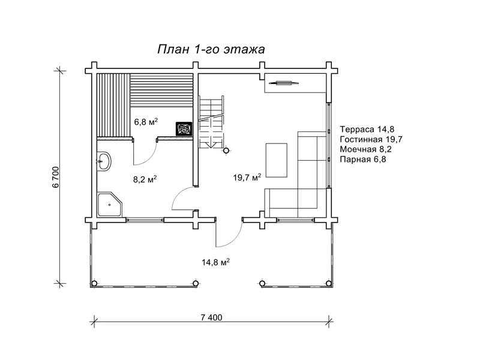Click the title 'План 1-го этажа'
pyautogui.click(x=211, y=49)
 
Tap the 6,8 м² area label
pyautogui.click(x=146, y=122)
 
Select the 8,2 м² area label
pyautogui.click(x=145, y=179)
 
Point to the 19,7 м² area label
pyautogui.click(x=247, y=177)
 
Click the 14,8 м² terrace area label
pyautogui.click(x=215, y=262)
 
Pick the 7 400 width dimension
pyautogui.click(x=212, y=317)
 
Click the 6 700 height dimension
pyautogui.click(x=56, y=177)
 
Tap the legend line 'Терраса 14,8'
pyautogui.click(x=367, y=129)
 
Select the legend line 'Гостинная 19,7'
pyautogui.click(x=371, y=139)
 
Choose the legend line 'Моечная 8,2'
pyautogui.click(x=366, y=149)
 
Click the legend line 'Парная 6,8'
pyautogui.click(x=363, y=159)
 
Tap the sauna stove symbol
pyautogui.click(x=184, y=128)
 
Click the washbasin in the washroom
pyautogui.click(x=104, y=161)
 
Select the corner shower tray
pyautogui.click(x=109, y=205)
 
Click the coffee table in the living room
pyautogui.click(x=277, y=160)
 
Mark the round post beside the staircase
pyautogui.click(x=226, y=151)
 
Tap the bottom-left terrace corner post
pyautogui.click(x=94, y=283)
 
